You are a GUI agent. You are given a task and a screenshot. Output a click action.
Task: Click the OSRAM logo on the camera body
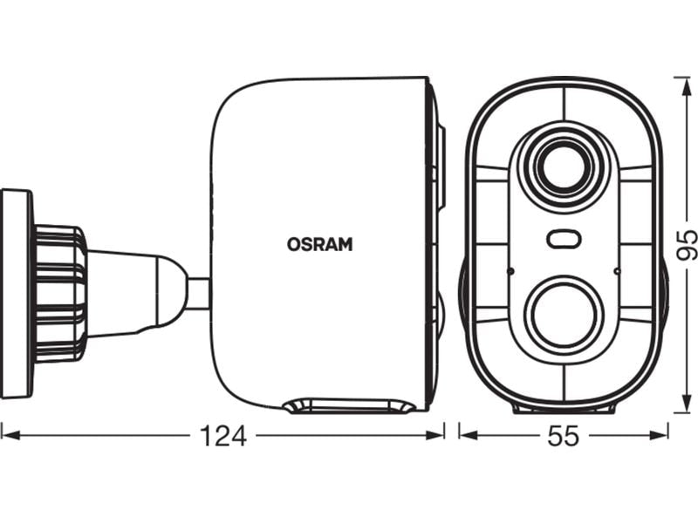pos(319,245)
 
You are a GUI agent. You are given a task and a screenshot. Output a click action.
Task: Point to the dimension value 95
pos(687,245)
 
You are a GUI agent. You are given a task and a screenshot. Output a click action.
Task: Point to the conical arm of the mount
pos(131,293)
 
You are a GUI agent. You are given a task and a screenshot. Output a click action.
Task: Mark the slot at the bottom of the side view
pos(349,405)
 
